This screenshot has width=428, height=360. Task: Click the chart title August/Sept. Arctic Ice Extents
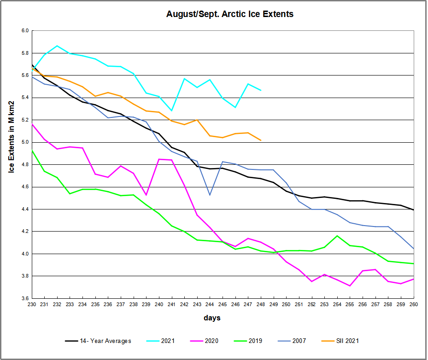click(x=229, y=14)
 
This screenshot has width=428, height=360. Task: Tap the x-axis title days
click(x=212, y=318)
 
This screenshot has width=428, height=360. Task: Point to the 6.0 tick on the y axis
click(x=24, y=30)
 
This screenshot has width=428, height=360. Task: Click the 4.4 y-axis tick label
click(x=24, y=209)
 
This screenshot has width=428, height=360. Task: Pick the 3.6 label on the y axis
click(x=24, y=298)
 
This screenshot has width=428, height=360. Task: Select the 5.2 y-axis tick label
click(x=24, y=120)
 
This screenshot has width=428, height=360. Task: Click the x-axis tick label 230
click(x=32, y=305)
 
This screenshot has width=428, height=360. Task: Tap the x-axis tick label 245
click(x=223, y=305)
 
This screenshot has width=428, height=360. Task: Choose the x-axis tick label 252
click(x=311, y=305)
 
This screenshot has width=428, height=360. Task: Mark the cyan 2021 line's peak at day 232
click(x=57, y=46)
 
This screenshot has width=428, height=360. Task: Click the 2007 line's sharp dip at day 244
click(x=210, y=195)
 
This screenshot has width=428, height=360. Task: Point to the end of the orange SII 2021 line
click(x=261, y=140)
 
